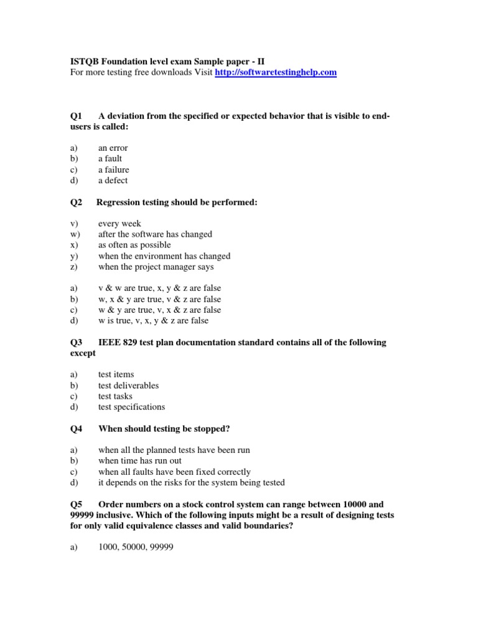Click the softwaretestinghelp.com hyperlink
point(276,73)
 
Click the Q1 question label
point(76,117)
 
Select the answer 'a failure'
point(113,169)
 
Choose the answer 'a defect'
point(113,181)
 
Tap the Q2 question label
point(76,202)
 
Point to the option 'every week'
point(119,224)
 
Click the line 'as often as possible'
point(134,245)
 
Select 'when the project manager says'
point(156,267)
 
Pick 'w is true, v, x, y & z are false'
point(153,321)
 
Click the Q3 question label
point(76,343)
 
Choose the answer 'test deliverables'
point(128,386)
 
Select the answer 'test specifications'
point(131,407)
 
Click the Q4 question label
point(76,429)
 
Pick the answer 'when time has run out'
point(140,461)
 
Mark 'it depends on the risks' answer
point(191,483)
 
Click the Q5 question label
point(76,504)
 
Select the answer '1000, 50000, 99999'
point(136,547)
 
